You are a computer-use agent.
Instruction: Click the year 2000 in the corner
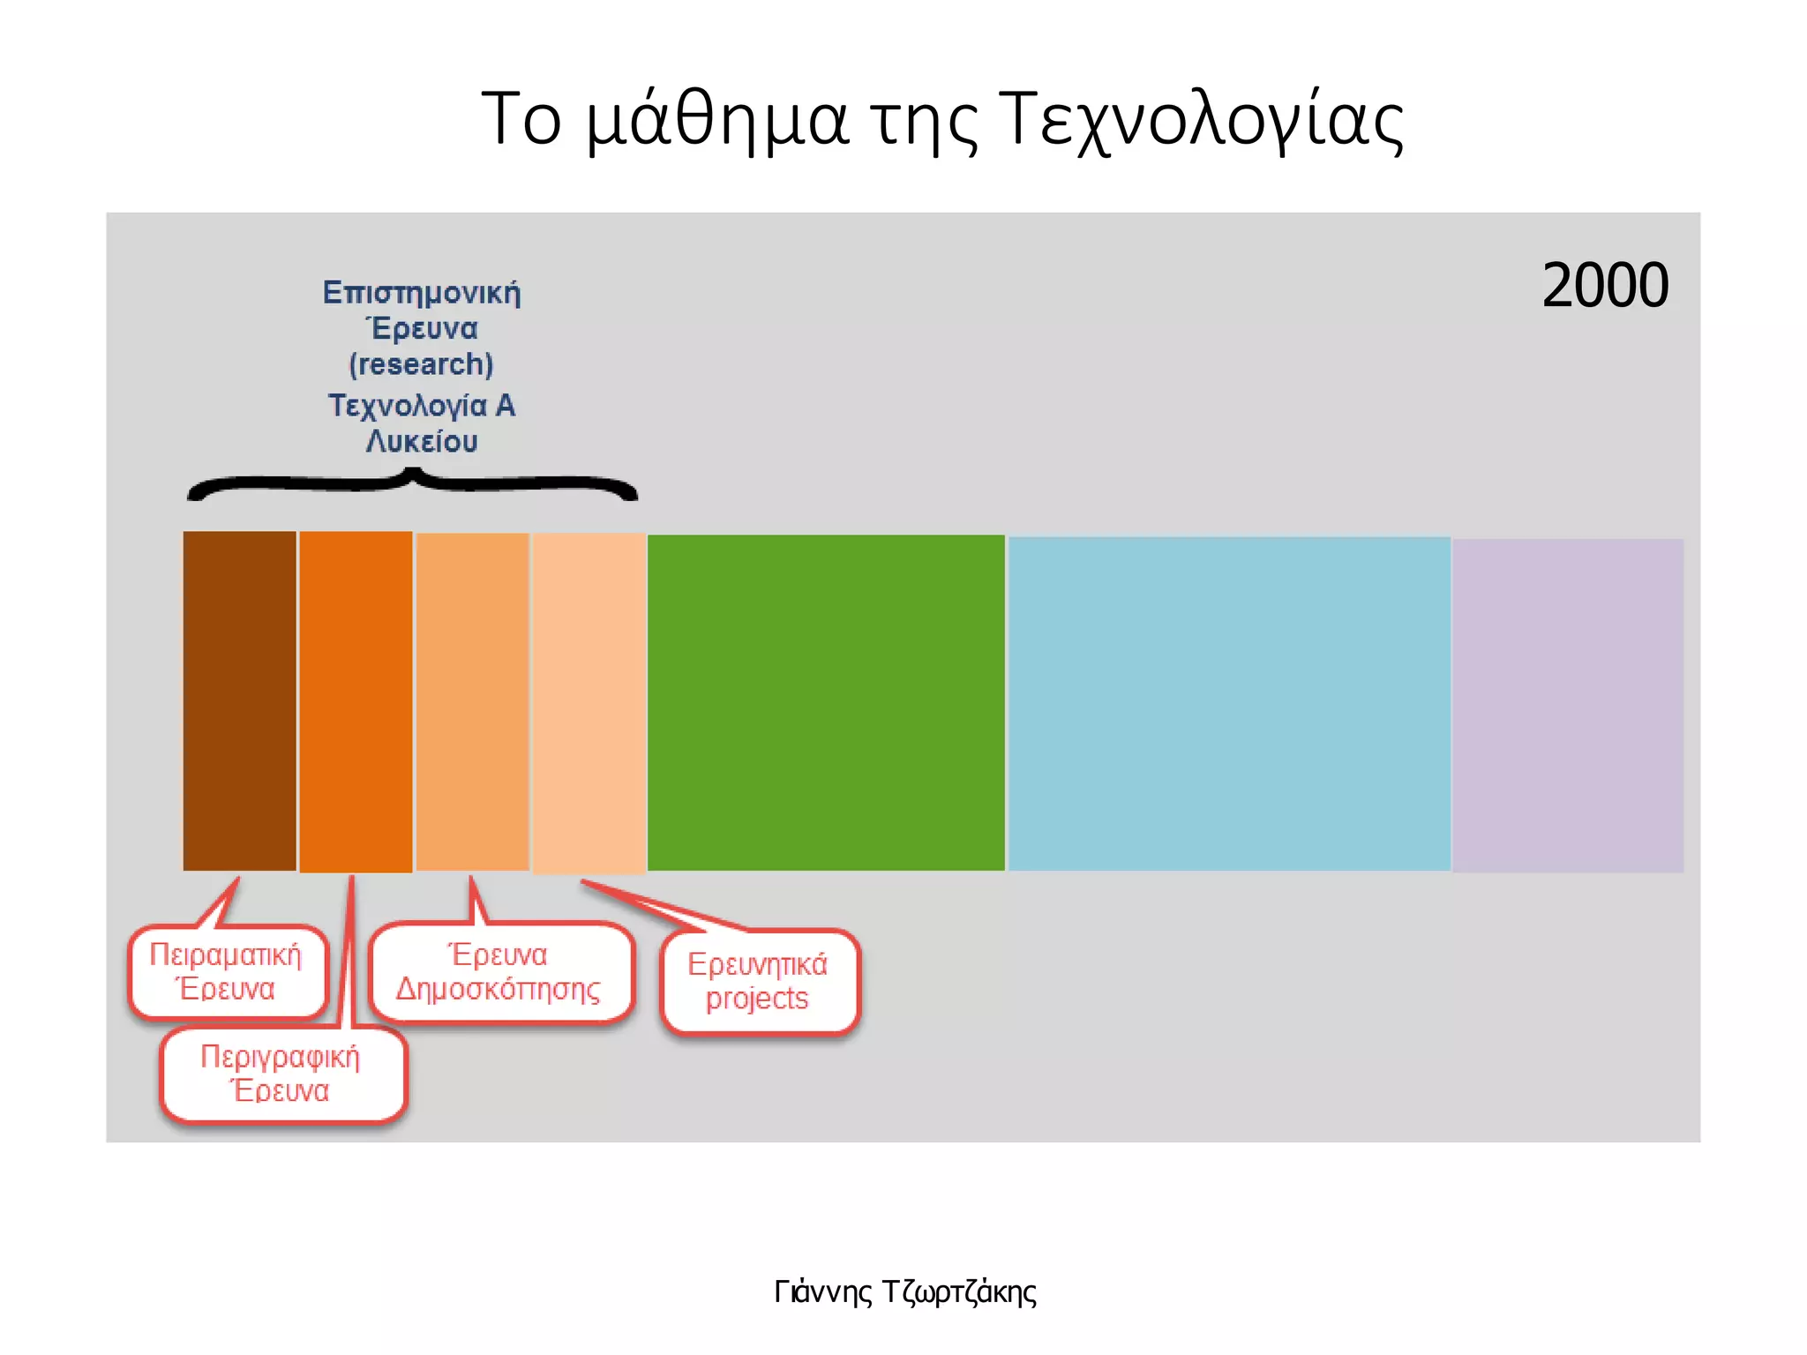1605,285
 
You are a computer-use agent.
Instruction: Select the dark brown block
239,700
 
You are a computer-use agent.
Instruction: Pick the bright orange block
356,700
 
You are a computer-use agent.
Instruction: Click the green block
826,702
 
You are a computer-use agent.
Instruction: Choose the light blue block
1228,703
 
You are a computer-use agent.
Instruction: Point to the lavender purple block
1567,705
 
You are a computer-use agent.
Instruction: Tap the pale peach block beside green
589,702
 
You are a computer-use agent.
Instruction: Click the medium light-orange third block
472,700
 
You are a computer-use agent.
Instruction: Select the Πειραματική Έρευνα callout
227,971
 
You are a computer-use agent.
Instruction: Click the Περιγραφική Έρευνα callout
281,1074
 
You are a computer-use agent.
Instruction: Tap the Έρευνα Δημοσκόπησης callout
499,971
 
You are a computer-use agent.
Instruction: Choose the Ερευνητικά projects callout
758,981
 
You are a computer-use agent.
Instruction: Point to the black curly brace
412,484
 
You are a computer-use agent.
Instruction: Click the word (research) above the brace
421,364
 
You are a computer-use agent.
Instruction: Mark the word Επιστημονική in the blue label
421,292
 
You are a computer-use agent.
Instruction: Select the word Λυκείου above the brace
421,441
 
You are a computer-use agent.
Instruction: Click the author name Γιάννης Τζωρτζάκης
904,1291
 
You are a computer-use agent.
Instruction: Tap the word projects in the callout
757,999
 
